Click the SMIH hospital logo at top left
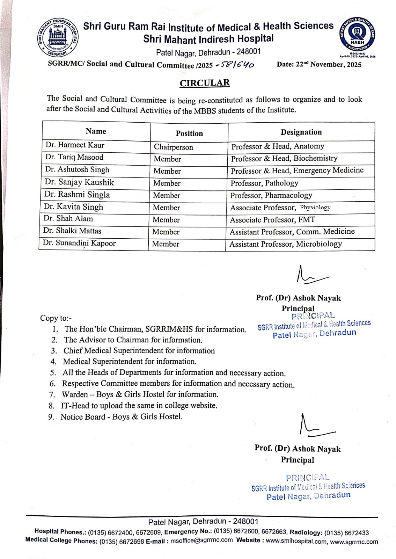coord(58,37)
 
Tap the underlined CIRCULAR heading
coord(205,83)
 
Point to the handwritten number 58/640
coord(236,65)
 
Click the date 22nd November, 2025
coord(319,64)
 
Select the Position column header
coord(189,133)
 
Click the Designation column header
coord(301,132)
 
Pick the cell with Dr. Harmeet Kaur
coord(75,145)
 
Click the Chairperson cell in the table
coord(173,147)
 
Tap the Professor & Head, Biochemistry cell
coord(284,158)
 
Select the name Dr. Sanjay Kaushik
coord(79,182)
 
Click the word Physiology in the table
coord(315,207)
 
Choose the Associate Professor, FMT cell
coord(272,220)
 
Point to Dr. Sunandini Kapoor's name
coord(79,243)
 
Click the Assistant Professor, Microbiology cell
coord(286,244)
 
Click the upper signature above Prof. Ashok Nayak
coord(310,275)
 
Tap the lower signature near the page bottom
coord(315,426)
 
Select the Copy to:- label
coord(56,318)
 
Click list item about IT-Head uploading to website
coord(139,405)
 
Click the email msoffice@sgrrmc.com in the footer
coord(201,540)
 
